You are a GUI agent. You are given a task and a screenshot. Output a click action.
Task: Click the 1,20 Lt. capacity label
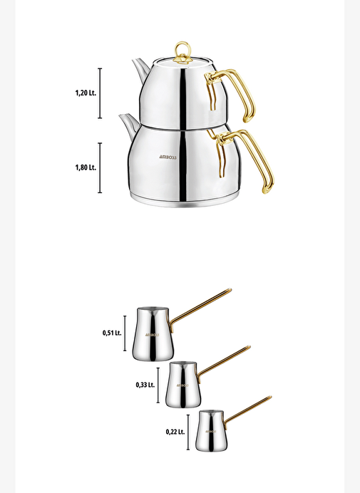[x=86, y=93]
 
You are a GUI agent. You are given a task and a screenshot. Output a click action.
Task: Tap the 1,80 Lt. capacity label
[x=86, y=167]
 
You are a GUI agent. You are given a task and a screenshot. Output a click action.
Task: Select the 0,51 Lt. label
[x=112, y=333]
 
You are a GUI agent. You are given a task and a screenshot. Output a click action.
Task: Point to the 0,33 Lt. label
[x=145, y=385]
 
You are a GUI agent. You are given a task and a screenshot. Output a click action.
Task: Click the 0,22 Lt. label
[x=175, y=432]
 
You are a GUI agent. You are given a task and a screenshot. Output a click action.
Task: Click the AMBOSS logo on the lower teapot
[x=168, y=157]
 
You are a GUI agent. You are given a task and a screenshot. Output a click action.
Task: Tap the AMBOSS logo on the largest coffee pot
[x=153, y=335]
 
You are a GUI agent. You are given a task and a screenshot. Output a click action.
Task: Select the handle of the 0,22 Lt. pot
[x=248, y=409]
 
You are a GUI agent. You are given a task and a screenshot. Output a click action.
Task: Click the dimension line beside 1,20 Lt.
[x=100, y=93]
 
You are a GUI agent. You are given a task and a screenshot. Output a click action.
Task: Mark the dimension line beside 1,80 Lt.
[x=100, y=168]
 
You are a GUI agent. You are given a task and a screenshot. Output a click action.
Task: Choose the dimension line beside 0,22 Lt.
[x=188, y=432]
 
